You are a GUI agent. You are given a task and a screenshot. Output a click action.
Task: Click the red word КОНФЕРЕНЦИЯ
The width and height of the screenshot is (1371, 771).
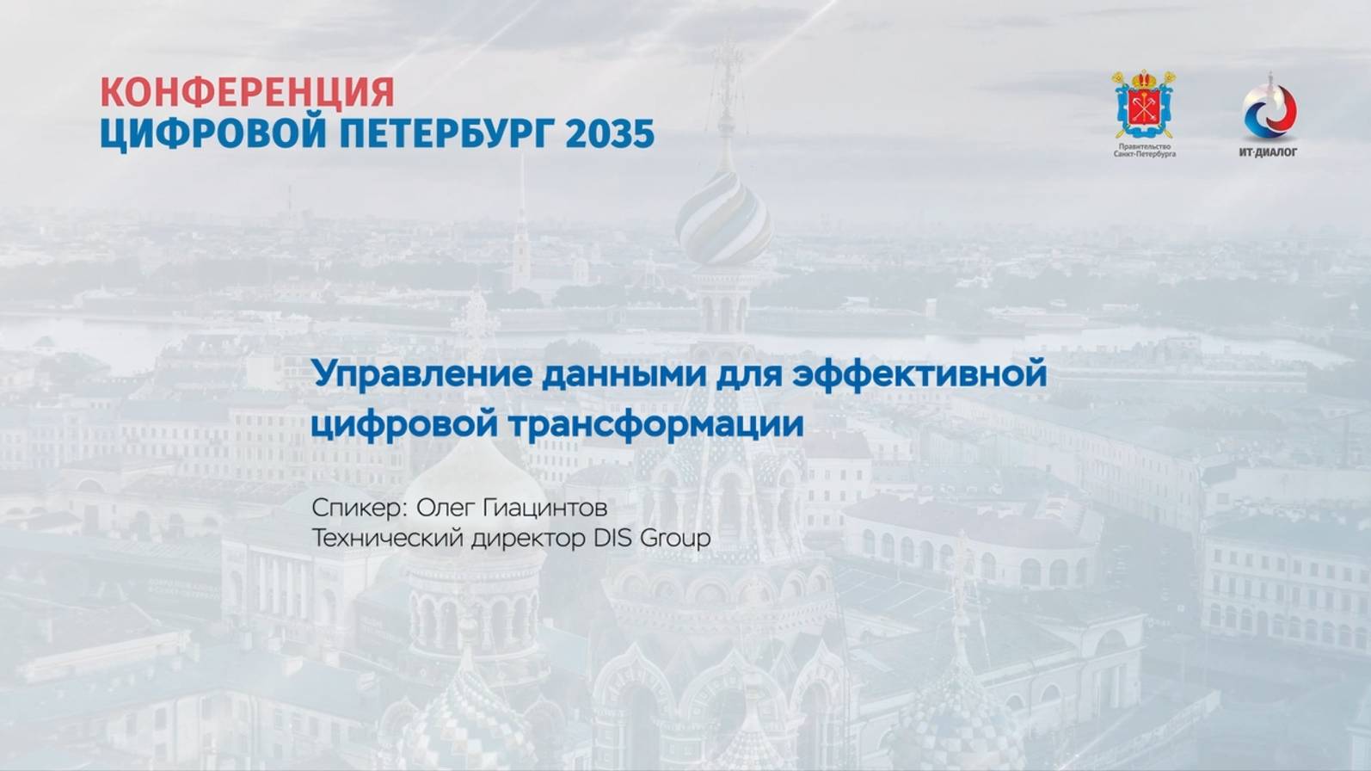(x=248, y=92)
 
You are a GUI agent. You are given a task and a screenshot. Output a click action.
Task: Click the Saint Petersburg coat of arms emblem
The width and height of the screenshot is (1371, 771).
(x=1145, y=105)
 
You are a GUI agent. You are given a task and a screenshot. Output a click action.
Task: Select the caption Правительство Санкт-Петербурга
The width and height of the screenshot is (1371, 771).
(x=1145, y=150)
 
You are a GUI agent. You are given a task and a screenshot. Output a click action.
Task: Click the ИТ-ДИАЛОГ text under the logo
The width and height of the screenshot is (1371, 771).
(x=1269, y=152)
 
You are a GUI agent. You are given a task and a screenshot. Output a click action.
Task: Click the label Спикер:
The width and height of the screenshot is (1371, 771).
(x=359, y=508)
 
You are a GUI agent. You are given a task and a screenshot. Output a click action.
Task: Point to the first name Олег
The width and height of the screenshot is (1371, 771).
(x=446, y=508)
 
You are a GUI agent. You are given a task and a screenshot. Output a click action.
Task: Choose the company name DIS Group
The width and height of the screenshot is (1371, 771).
(x=652, y=539)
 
